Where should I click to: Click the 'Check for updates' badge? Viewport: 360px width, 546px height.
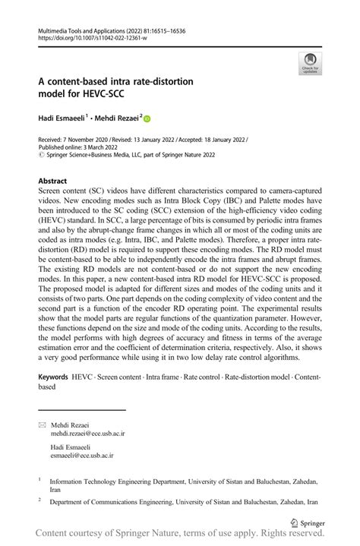309,64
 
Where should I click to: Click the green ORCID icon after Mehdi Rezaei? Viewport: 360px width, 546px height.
147,118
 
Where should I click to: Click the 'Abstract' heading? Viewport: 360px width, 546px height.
52,181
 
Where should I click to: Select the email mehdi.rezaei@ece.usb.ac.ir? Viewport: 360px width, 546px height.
87,432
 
